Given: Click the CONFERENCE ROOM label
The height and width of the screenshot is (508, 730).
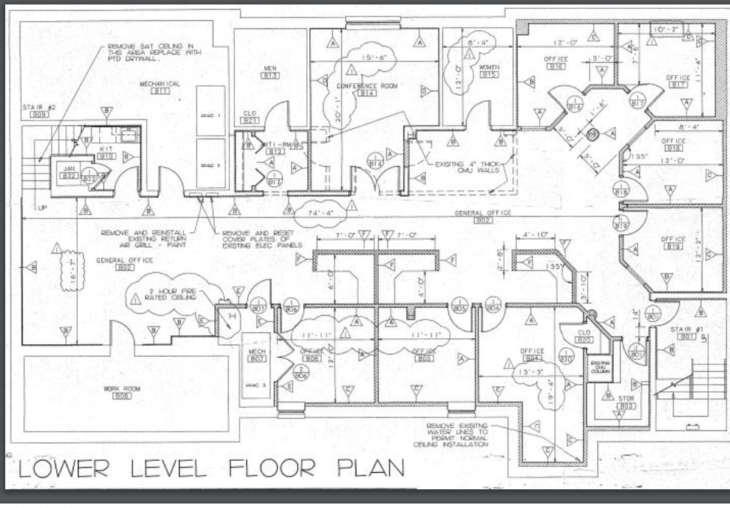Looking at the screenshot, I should tap(366, 85).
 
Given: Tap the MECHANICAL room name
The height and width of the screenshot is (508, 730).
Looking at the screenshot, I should tap(160, 83).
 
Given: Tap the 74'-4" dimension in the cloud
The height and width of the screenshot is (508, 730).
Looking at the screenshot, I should tap(320, 212).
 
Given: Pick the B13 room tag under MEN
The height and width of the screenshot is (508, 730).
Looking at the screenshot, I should tap(270, 76).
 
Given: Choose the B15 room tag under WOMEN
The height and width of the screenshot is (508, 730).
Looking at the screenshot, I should tap(489, 75).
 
